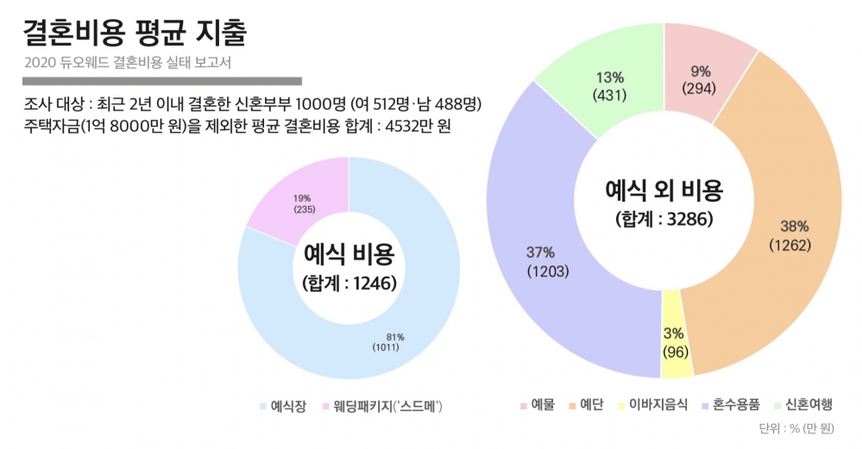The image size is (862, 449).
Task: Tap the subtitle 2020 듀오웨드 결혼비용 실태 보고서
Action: [129, 64]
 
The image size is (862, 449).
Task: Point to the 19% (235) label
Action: [303, 203]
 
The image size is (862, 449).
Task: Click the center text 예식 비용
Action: [349, 254]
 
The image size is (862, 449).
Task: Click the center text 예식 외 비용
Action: [664, 190]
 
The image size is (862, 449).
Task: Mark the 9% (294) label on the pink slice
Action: [699, 80]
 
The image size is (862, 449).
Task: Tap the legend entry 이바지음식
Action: [651, 404]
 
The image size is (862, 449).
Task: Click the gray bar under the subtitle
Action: [163, 81]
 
